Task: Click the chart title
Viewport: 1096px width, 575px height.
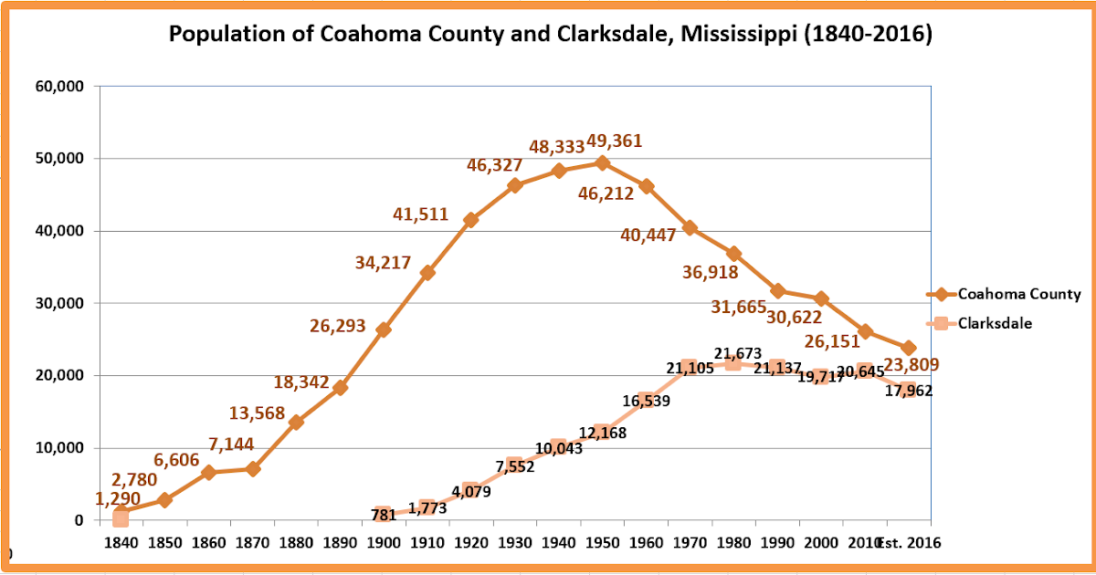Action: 551,35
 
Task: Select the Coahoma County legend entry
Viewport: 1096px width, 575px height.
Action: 1018,294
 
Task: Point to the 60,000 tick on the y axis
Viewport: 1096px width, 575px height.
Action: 58,87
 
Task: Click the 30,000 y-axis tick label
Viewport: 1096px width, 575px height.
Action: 58,303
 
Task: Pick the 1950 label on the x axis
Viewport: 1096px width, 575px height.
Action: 602,542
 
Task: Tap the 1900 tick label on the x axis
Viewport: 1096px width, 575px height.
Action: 384,542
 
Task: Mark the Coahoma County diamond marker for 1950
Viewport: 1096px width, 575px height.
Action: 602,163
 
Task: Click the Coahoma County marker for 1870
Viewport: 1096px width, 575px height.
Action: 252,469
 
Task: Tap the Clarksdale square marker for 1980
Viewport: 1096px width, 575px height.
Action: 733,363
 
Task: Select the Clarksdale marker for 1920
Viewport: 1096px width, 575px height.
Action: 470,491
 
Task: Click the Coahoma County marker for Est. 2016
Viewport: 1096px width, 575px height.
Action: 908,348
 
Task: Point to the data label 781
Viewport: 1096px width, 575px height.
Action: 384,515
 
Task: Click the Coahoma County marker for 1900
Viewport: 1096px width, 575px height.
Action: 384,329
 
